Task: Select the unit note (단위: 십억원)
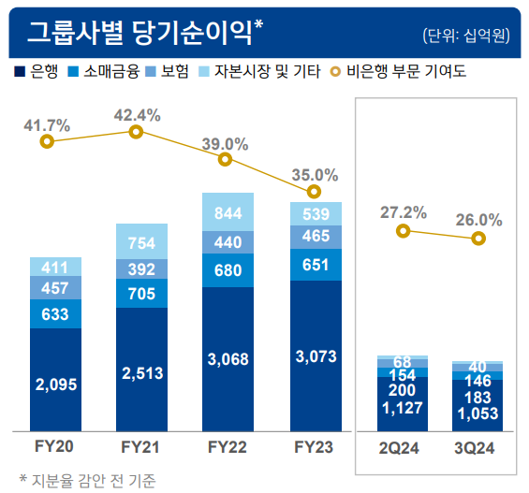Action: pos(466,36)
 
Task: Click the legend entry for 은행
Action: pos(37,70)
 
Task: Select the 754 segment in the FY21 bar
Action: pos(141,243)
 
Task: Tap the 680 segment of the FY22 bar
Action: pos(228,270)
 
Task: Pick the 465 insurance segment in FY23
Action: pos(315,237)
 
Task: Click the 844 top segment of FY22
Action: pos(228,212)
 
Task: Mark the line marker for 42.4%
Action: pos(136,132)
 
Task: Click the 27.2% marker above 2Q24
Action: pos(403,230)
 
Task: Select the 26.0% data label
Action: pos(478,221)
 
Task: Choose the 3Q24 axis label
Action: pos(478,448)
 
